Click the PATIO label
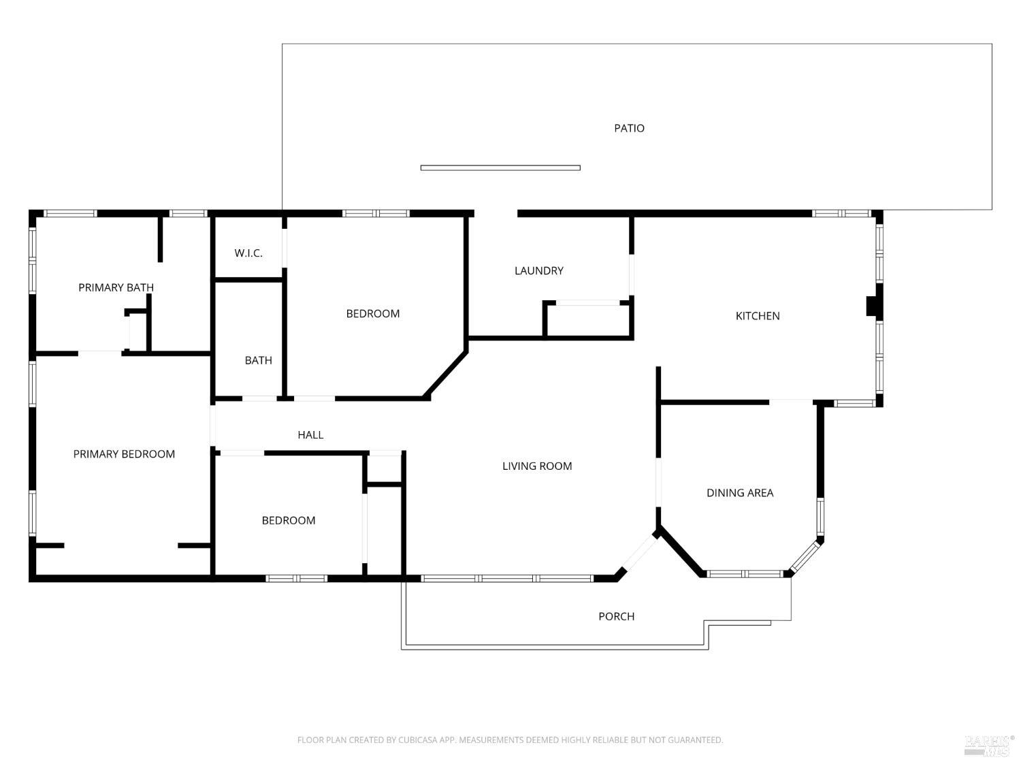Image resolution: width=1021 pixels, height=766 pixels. pos(629,128)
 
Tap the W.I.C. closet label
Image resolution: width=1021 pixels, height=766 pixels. pos(248,253)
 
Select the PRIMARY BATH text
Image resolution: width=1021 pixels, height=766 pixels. pos(116,287)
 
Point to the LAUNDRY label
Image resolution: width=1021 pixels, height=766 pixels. pos(538,271)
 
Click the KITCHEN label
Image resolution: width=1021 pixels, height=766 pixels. pos(757,316)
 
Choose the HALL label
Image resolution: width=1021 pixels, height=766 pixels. pos(310,435)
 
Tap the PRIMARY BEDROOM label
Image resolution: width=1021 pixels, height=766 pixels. pos(124,454)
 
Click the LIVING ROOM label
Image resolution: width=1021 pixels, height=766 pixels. pos(537,466)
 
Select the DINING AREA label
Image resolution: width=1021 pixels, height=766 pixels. pos(739,493)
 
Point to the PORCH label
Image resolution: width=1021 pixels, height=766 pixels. pos(616,616)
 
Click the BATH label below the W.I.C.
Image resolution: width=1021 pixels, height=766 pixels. pos(258,360)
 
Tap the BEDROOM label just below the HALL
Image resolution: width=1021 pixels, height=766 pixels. pos(289,521)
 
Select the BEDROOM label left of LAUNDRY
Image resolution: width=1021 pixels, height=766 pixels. pos(372,314)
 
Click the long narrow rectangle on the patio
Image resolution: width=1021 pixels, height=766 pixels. pos(500,167)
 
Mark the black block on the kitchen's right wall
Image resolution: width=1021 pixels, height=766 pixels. pos(872,306)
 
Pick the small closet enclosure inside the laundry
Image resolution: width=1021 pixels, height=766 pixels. pos(588,320)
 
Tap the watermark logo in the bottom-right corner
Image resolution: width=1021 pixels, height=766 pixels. pos(988,745)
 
